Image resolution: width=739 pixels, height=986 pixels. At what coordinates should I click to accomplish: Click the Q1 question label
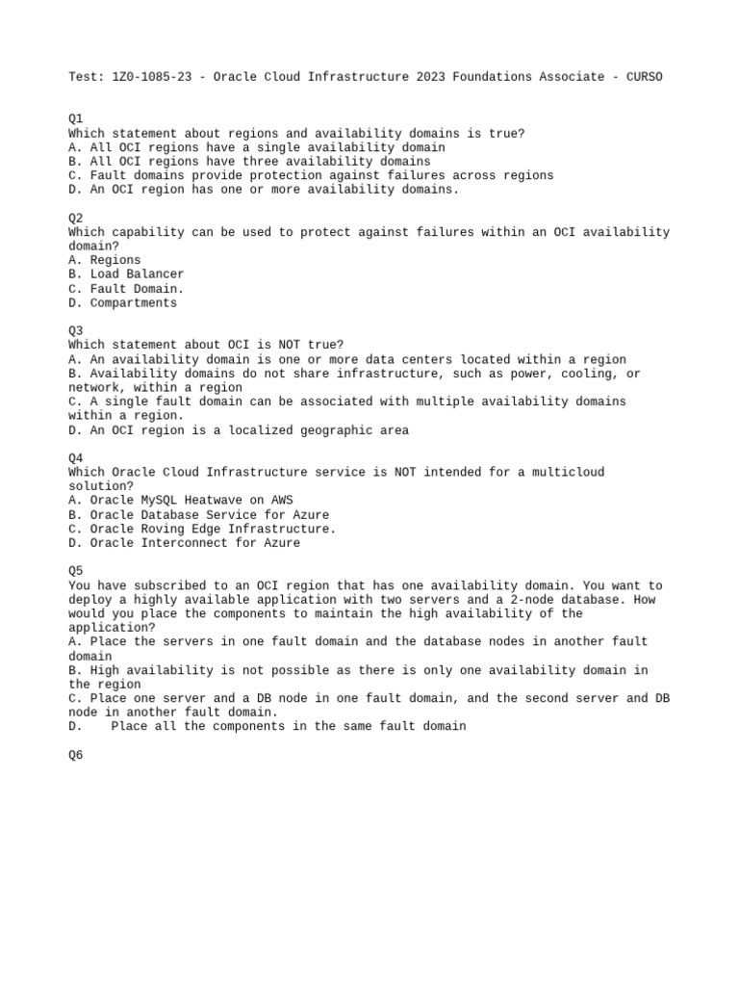coord(76,119)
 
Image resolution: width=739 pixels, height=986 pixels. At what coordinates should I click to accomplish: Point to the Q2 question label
coord(76,219)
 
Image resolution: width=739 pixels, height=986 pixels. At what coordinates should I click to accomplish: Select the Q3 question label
coord(76,331)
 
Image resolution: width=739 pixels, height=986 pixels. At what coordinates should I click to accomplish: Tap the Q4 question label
coord(76,458)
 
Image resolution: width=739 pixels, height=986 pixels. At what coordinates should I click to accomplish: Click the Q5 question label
coord(76,571)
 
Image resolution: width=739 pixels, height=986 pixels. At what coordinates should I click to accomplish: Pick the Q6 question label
coord(76,756)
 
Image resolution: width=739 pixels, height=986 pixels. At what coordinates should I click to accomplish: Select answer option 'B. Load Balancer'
coord(126,274)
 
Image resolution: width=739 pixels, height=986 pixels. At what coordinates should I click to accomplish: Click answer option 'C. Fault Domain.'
coord(126,289)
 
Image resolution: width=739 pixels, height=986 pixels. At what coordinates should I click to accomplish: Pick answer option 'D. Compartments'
coord(123,303)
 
